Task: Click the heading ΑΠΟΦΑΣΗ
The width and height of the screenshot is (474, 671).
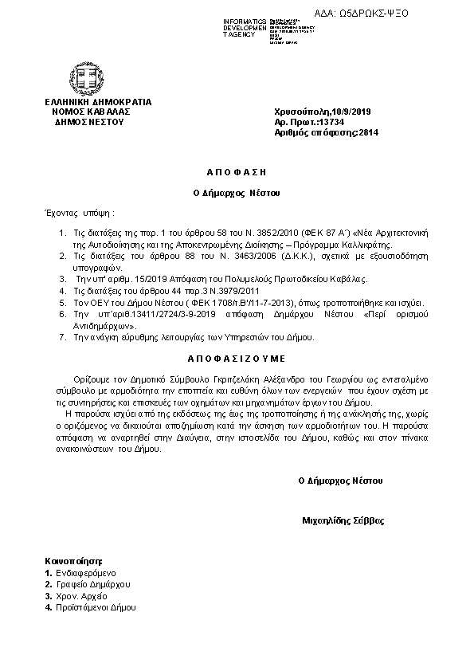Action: click(238, 171)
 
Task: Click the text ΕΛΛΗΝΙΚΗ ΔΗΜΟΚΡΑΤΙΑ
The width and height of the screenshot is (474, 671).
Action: click(98, 103)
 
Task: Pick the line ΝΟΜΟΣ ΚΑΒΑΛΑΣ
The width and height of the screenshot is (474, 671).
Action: click(90, 112)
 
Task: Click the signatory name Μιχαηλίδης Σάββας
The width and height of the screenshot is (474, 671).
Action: click(343, 520)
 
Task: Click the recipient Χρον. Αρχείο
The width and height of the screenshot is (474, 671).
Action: click(81, 596)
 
